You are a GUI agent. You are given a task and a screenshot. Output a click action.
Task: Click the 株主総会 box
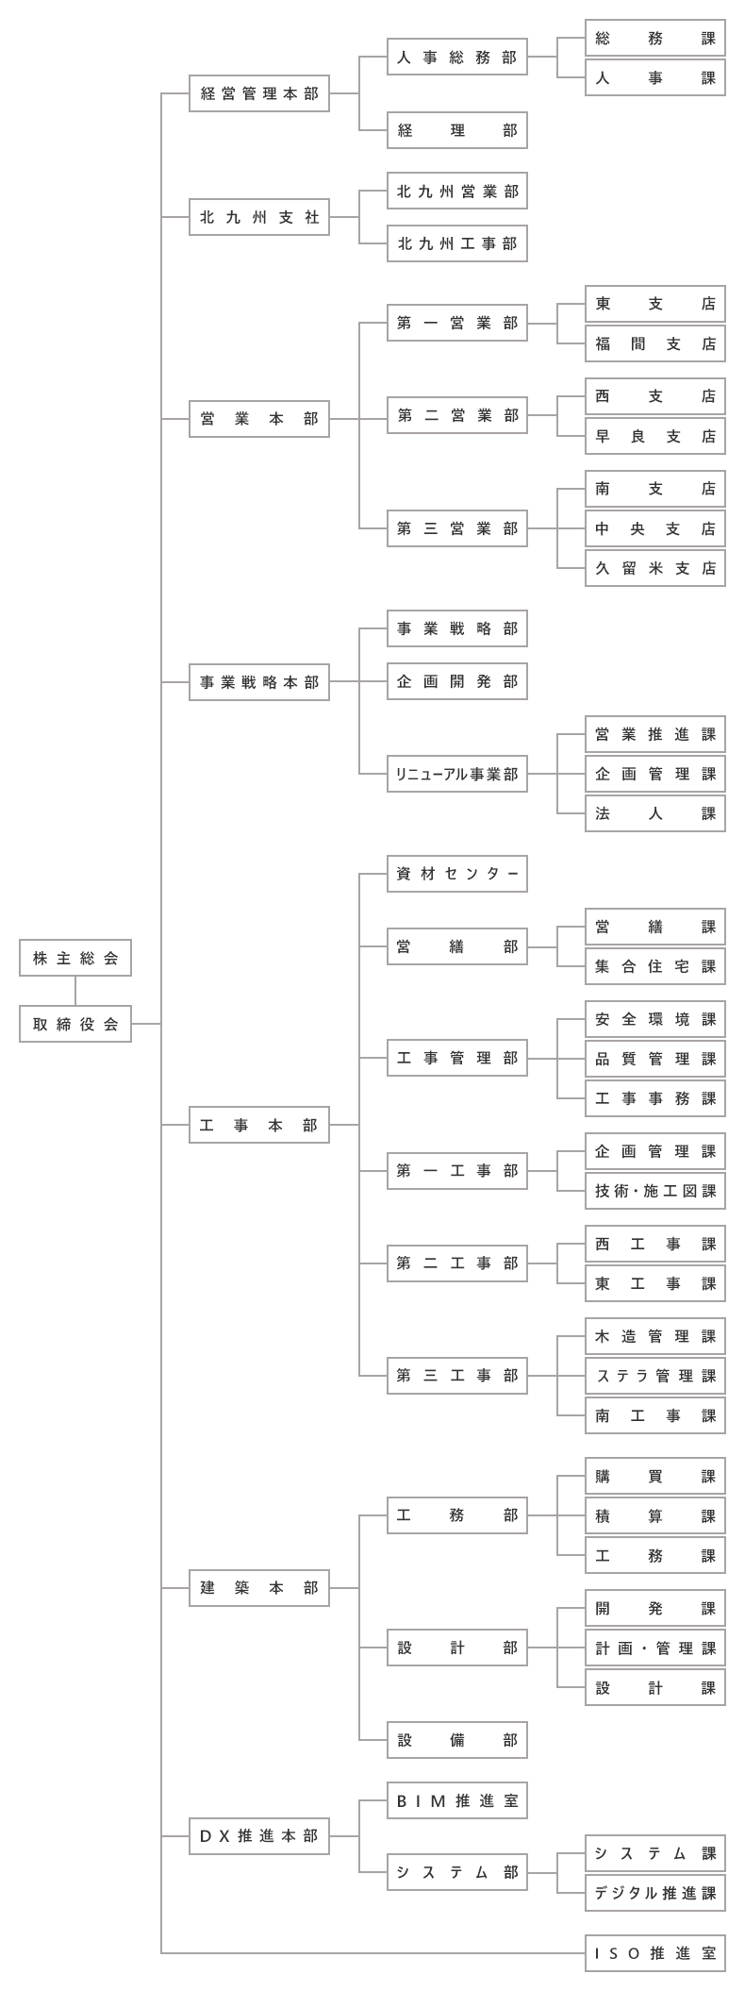(x=75, y=958)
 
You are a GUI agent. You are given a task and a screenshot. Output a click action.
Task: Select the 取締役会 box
(x=75, y=1024)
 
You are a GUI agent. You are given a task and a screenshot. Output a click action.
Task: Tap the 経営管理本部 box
(x=259, y=93)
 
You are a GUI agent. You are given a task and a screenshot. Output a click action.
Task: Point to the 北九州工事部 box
(x=457, y=243)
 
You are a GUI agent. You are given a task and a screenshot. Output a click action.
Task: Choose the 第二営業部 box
(x=457, y=415)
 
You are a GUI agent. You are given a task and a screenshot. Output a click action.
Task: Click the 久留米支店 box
(x=655, y=568)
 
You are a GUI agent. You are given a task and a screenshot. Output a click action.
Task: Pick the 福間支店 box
(x=655, y=343)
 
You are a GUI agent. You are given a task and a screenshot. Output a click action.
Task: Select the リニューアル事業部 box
(x=457, y=774)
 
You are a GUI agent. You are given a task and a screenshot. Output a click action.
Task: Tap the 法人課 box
(x=655, y=813)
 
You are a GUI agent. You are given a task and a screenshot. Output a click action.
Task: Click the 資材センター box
(x=457, y=874)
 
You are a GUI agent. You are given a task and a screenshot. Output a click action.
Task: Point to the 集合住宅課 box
(x=655, y=966)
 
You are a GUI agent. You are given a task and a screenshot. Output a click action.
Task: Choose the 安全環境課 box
(x=655, y=1019)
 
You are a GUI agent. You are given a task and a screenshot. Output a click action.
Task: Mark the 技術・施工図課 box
(x=655, y=1191)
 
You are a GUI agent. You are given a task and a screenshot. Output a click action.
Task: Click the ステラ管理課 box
(x=655, y=1376)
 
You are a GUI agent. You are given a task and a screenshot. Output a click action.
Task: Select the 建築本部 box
(x=259, y=1588)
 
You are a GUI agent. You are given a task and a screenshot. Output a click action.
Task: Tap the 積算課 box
(x=655, y=1516)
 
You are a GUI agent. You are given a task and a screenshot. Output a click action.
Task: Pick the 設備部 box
(x=457, y=1740)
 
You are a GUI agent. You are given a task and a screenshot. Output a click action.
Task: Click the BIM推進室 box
(x=457, y=1800)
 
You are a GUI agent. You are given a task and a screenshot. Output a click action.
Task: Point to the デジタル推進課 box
(x=655, y=1893)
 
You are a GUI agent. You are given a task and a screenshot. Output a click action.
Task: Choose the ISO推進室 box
(x=655, y=1953)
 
